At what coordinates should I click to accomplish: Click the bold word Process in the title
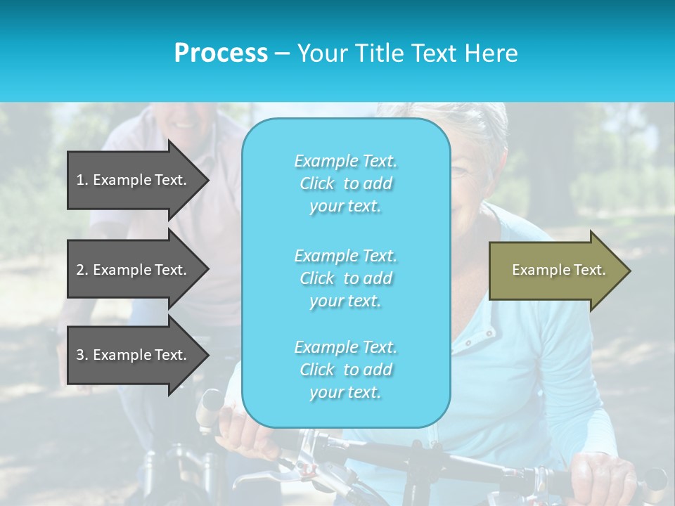pos(221,53)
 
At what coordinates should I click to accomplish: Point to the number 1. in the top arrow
pos(82,180)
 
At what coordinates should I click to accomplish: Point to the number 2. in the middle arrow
pos(82,270)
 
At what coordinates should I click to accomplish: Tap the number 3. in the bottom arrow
pos(82,355)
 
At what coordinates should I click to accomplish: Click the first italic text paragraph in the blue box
pos(345,183)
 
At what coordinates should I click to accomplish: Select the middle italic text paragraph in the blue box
pos(345,278)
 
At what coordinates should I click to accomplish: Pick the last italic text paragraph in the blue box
pos(345,370)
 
